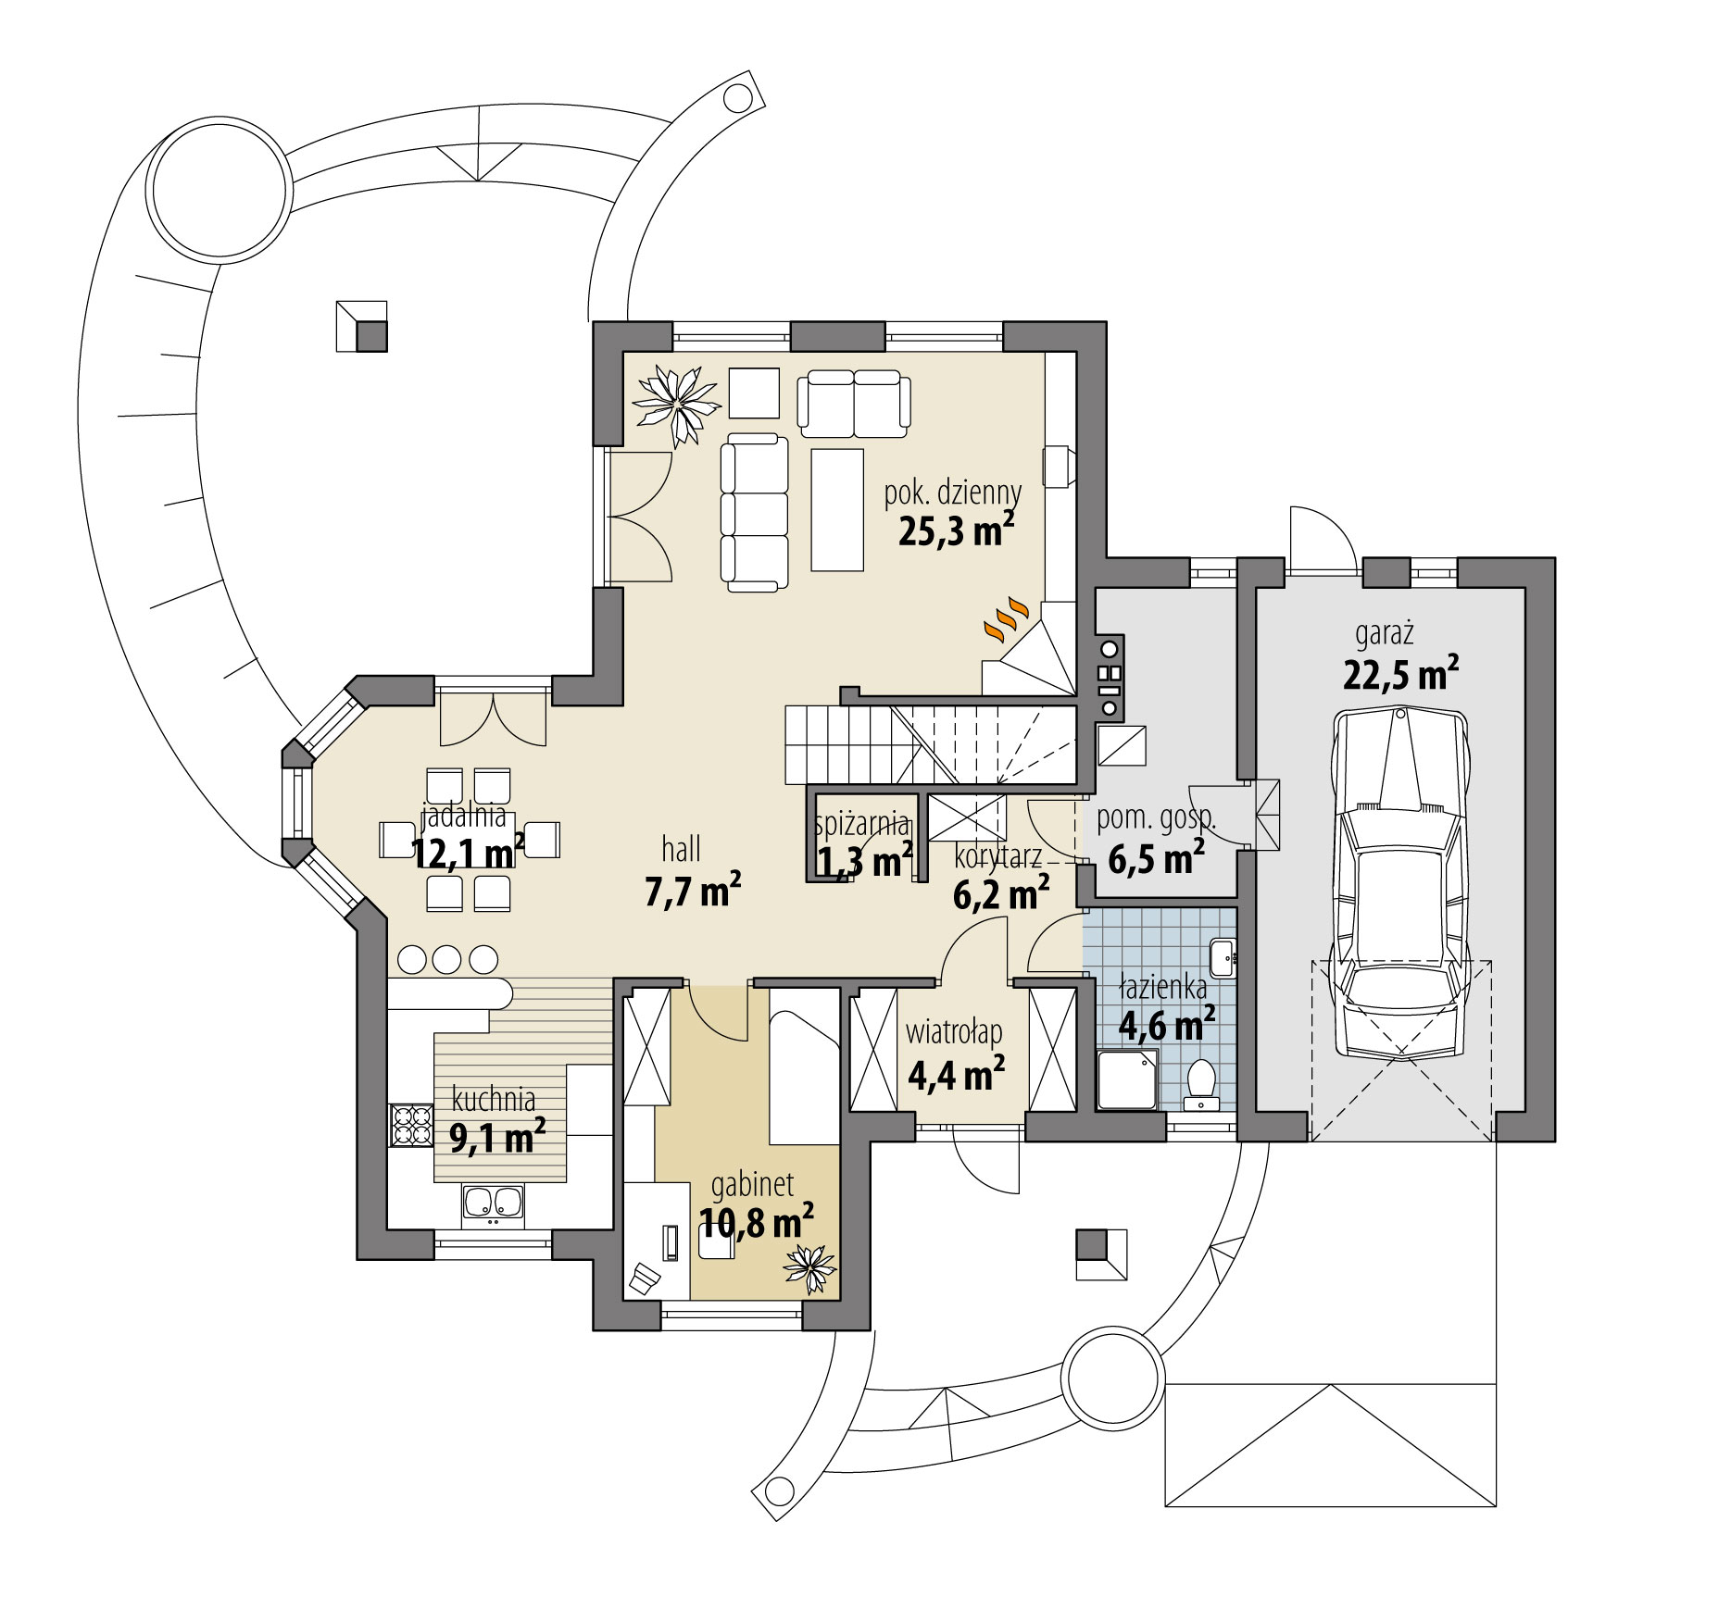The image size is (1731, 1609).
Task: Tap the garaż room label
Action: (x=1384, y=634)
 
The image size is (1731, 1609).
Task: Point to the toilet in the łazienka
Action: (x=1200, y=1083)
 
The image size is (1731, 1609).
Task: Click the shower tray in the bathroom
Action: (x=1126, y=1079)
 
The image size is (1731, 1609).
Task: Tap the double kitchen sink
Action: (x=493, y=1204)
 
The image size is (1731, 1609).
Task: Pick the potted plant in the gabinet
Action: (x=810, y=1266)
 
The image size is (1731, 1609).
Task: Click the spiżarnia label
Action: (x=860, y=823)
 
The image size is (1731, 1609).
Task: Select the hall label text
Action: (x=681, y=848)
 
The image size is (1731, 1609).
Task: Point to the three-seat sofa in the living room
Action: (x=754, y=511)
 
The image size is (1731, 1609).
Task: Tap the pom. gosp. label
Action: (x=1156, y=818)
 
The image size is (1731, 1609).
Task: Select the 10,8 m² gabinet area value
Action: (x=756, y=1223)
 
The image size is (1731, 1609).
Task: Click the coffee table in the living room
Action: (x=837, y=510)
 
